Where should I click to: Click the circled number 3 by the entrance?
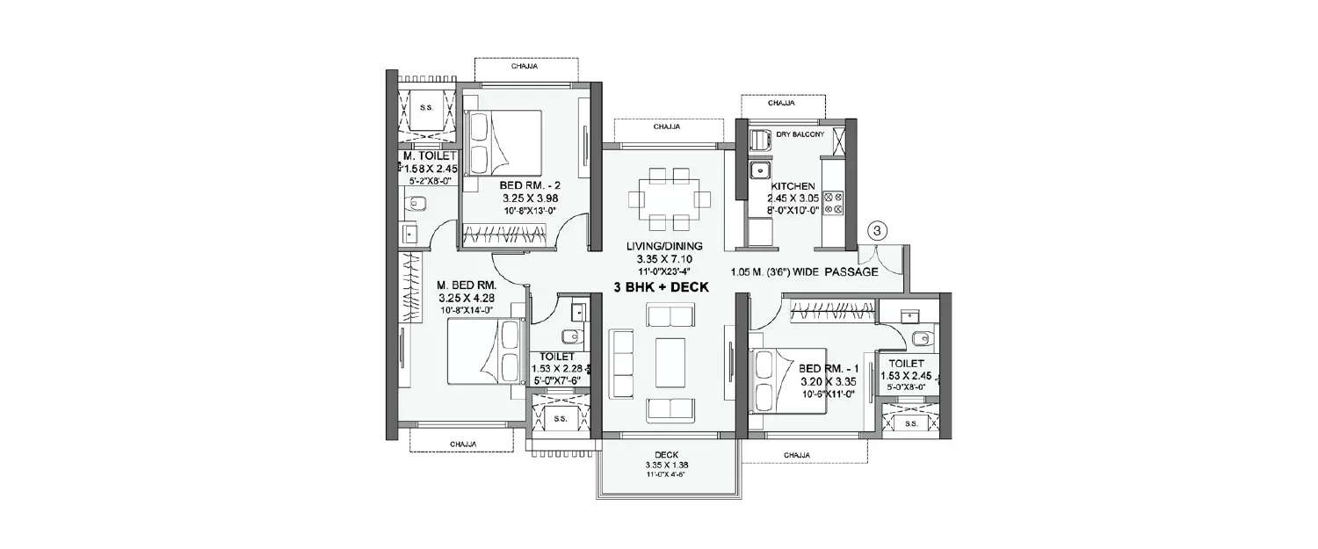tap(880, 230)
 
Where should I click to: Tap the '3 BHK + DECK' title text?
tap(662, 286)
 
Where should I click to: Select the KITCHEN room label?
tap(793, 187)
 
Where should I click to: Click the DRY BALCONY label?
tap(800, 134)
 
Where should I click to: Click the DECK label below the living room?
tap(665, 455)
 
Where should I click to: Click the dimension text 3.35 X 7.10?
tap(665, 260)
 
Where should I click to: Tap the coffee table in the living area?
tap(673, 360)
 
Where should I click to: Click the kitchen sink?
tap(758, 170)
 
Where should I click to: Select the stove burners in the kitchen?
tap(833, 203)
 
